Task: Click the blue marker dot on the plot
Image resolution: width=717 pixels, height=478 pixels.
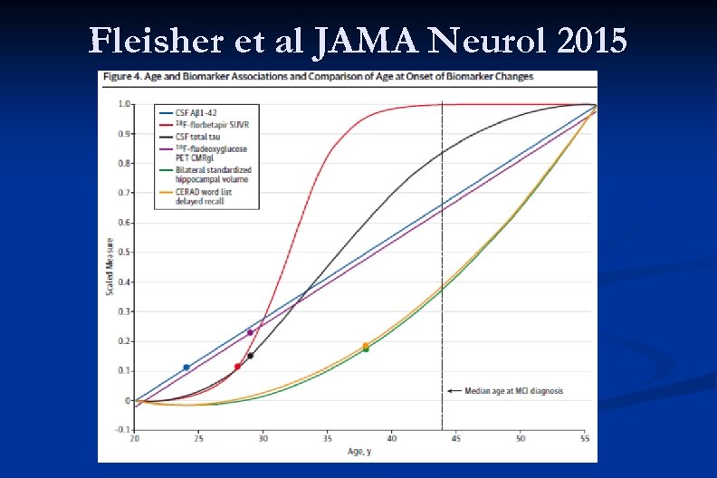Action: (186, 367)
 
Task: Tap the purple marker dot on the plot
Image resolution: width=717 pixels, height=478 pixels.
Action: (251, 332)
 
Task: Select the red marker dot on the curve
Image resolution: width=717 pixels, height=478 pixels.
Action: (237, 367)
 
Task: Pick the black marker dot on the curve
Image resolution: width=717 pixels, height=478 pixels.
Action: (251, 356)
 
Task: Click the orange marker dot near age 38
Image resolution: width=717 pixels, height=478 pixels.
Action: (366, 345)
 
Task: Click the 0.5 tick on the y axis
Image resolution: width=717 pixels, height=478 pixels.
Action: (124, 253)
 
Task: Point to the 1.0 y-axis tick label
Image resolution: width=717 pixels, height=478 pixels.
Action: (124, 104)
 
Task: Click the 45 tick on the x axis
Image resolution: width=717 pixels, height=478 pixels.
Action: (456, 438)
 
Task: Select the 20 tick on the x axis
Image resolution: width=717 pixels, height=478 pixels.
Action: (135, 438)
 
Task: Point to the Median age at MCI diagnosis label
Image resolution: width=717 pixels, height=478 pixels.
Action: (513, 391)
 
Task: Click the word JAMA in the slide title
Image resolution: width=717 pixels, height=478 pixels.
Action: (368, 41)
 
